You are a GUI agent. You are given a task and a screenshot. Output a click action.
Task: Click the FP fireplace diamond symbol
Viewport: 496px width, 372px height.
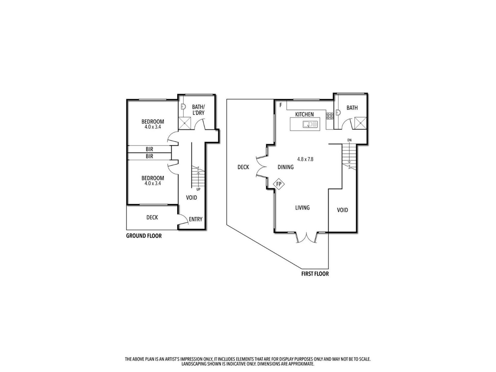coord(279,184)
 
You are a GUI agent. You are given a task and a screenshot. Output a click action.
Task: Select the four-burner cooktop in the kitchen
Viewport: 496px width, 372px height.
coord(329,116)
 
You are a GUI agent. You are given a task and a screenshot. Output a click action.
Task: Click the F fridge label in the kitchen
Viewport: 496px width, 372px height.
coord(281,105)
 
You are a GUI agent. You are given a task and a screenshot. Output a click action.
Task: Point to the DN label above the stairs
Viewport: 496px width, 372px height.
coord(349,140)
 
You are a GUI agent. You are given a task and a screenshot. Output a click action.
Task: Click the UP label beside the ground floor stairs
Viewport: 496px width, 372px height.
coord(198,189)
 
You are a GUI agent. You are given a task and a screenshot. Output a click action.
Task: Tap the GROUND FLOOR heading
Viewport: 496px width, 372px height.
coord(144,236)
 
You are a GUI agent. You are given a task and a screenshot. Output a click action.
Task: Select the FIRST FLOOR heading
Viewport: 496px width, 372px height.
coord(315,274)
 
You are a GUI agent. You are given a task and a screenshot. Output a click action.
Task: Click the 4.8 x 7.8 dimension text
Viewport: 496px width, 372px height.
coord(305,159)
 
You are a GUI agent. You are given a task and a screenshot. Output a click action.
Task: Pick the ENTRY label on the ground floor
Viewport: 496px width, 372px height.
coord(196,219)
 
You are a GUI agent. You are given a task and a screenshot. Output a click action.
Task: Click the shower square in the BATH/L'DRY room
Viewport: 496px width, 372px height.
coord(185,123)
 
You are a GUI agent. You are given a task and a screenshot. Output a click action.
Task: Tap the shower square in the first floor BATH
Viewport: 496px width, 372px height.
coord(360,123)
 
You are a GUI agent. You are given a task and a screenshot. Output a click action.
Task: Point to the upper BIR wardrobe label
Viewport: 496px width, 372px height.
coord(149,149)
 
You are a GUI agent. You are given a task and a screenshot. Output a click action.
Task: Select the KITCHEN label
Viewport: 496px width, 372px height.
coord(304,114)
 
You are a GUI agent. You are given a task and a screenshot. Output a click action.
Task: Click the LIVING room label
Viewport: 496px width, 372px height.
coord(302,208)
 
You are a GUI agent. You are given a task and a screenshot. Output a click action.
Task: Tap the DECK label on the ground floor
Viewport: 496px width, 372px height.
coord(152,218)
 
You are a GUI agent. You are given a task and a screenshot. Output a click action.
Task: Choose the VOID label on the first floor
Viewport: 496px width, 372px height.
coord(342,210)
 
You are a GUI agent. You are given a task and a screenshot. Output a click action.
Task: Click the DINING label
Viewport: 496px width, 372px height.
coord(285,167)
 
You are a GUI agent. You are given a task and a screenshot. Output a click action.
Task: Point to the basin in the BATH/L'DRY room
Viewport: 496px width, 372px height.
coord(183,106)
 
